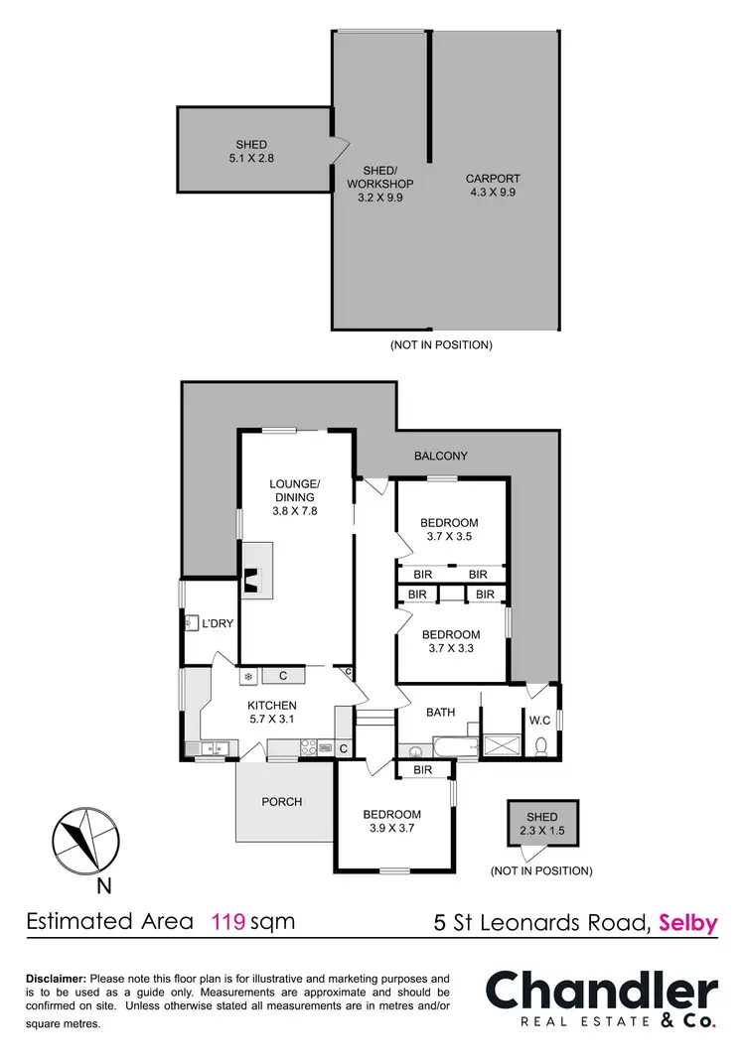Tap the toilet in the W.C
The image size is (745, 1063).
pyautogui.click(x=542, y=745)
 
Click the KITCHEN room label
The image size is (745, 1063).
pyautogui.click(x=273, y=706)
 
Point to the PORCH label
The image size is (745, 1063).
pyautogui.click(x=282, y=801)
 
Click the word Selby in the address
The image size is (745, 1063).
pyautogui.click(x=687, y=923)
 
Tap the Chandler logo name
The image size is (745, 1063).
pyautogui.click(x=601, y=993)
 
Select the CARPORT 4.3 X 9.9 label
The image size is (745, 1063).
pyautogui.click(x=493, y=187)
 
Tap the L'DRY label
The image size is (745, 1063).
pyautogui.click(x=217, y=623)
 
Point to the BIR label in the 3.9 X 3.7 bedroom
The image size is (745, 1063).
pyautogui.click(x=422, y=769)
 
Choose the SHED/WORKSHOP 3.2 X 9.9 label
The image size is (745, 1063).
pyautogui.click(x=379, y=184)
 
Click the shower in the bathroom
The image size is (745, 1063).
pyautogui.click(x=502, y=745)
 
